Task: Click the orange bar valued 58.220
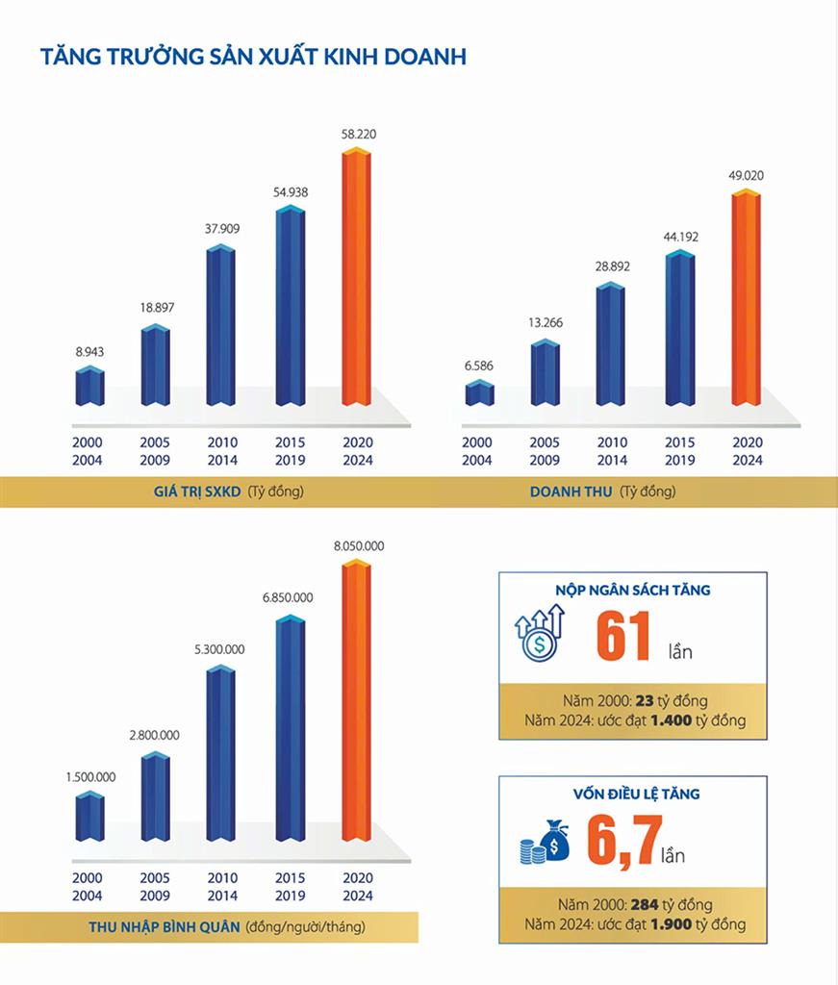357,279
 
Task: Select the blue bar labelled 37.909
220,327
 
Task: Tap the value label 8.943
89,353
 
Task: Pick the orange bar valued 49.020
746,298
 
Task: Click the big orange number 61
623,637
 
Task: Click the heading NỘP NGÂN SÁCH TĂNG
632,591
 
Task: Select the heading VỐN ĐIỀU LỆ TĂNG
632,795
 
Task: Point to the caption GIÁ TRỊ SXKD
200,492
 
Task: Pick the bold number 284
645,905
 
